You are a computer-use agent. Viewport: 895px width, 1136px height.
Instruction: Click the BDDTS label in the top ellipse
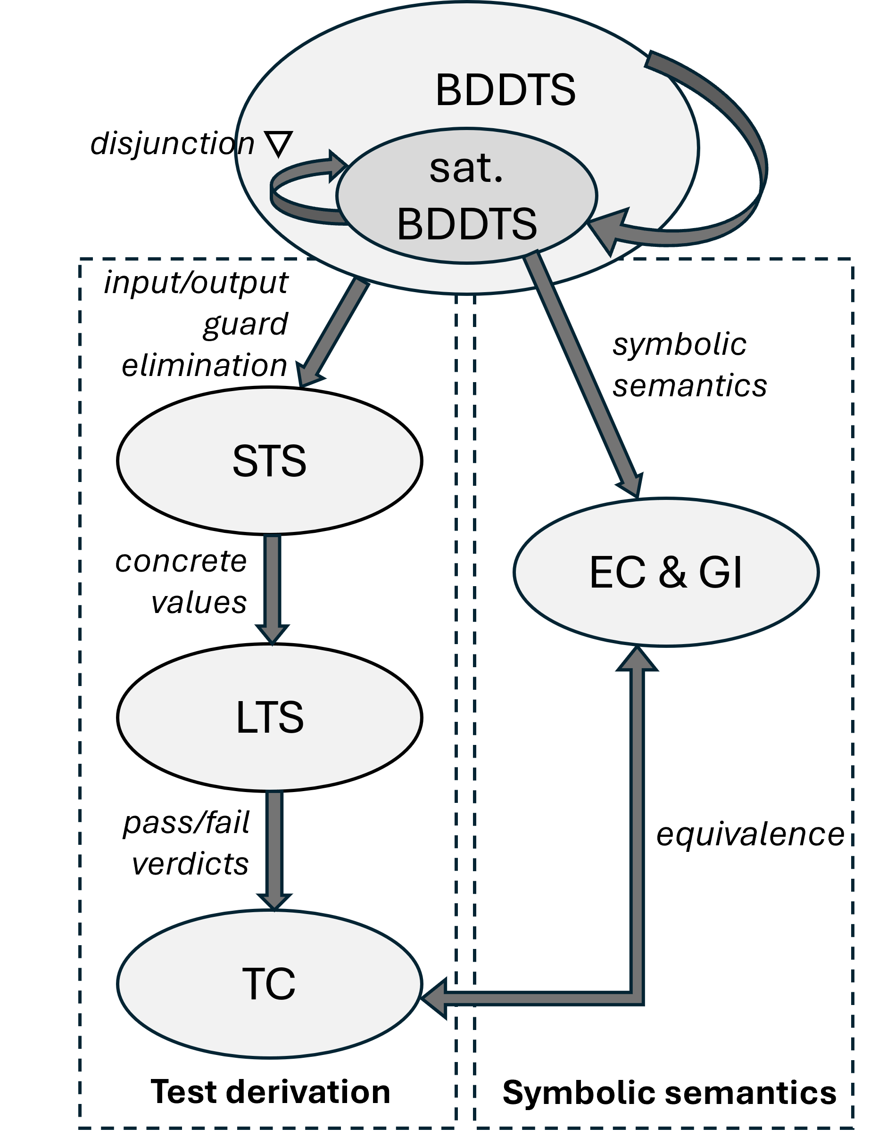pyautogui.click(x=505, y=90)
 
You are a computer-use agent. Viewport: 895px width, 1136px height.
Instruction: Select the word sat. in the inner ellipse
pyautogui.click(x=466, y=169)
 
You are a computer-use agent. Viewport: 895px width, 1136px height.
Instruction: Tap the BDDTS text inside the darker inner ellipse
pyautogui.click(x=467, y=224)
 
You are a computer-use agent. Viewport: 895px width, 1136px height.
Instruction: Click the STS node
pyautogui.click(x=269, y=461)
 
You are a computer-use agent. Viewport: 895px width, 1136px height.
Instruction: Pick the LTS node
pyautogui.click(x=269, y=717)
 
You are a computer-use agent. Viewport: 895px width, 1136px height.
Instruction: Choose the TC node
pyautogui.click(x=269, y=984)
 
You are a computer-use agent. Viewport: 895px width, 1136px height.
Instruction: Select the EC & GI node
pyautogui.click(x=665, y=572)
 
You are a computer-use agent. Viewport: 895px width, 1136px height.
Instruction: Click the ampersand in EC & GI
pyautogui.click(x=672, y=572)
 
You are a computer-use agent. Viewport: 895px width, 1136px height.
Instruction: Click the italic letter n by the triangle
pyautogui.click(x=246, y=145)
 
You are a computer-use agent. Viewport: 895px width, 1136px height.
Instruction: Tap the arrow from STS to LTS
pyautogui.click(x=273, y=586)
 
